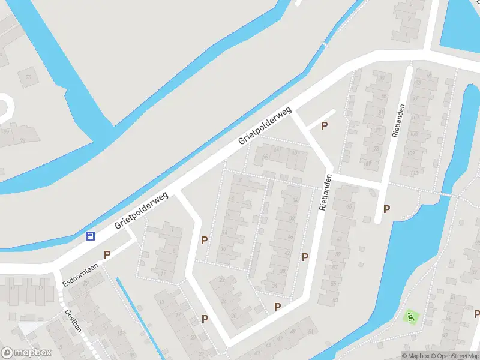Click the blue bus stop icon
90,236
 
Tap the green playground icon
411,315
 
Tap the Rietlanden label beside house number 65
326,193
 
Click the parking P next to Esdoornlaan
107,254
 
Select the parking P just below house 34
277,307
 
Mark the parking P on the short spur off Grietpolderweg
325,126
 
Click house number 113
414,173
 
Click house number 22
223,280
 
